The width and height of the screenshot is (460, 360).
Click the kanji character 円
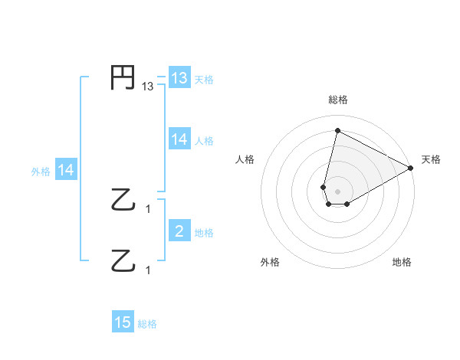(123, 78)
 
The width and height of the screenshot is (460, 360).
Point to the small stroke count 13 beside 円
(148, 87)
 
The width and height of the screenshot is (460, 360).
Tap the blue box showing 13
(179, 78)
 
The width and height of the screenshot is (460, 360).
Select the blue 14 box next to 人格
(179, 139)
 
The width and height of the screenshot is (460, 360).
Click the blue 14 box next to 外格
(66, 171)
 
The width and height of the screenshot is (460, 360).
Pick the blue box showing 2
(179, 232)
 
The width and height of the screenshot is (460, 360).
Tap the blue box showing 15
(123, 323)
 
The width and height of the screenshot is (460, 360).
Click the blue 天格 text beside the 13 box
(204, 79)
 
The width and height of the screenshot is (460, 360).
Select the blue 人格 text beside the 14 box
(204, 140)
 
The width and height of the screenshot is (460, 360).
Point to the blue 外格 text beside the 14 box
(41, 172)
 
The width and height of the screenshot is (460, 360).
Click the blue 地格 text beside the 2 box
(204, 233)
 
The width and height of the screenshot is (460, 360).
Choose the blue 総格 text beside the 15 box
(147, 324)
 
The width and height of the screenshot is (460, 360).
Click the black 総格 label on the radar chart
(337, 100)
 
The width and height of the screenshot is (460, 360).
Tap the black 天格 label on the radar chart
(431, 159)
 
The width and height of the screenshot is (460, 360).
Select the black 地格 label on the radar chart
(402, 262)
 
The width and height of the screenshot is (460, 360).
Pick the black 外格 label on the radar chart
(270, 262)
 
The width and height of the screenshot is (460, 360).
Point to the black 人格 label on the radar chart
(245, 159)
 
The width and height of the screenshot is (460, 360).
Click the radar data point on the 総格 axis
(337, 130)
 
